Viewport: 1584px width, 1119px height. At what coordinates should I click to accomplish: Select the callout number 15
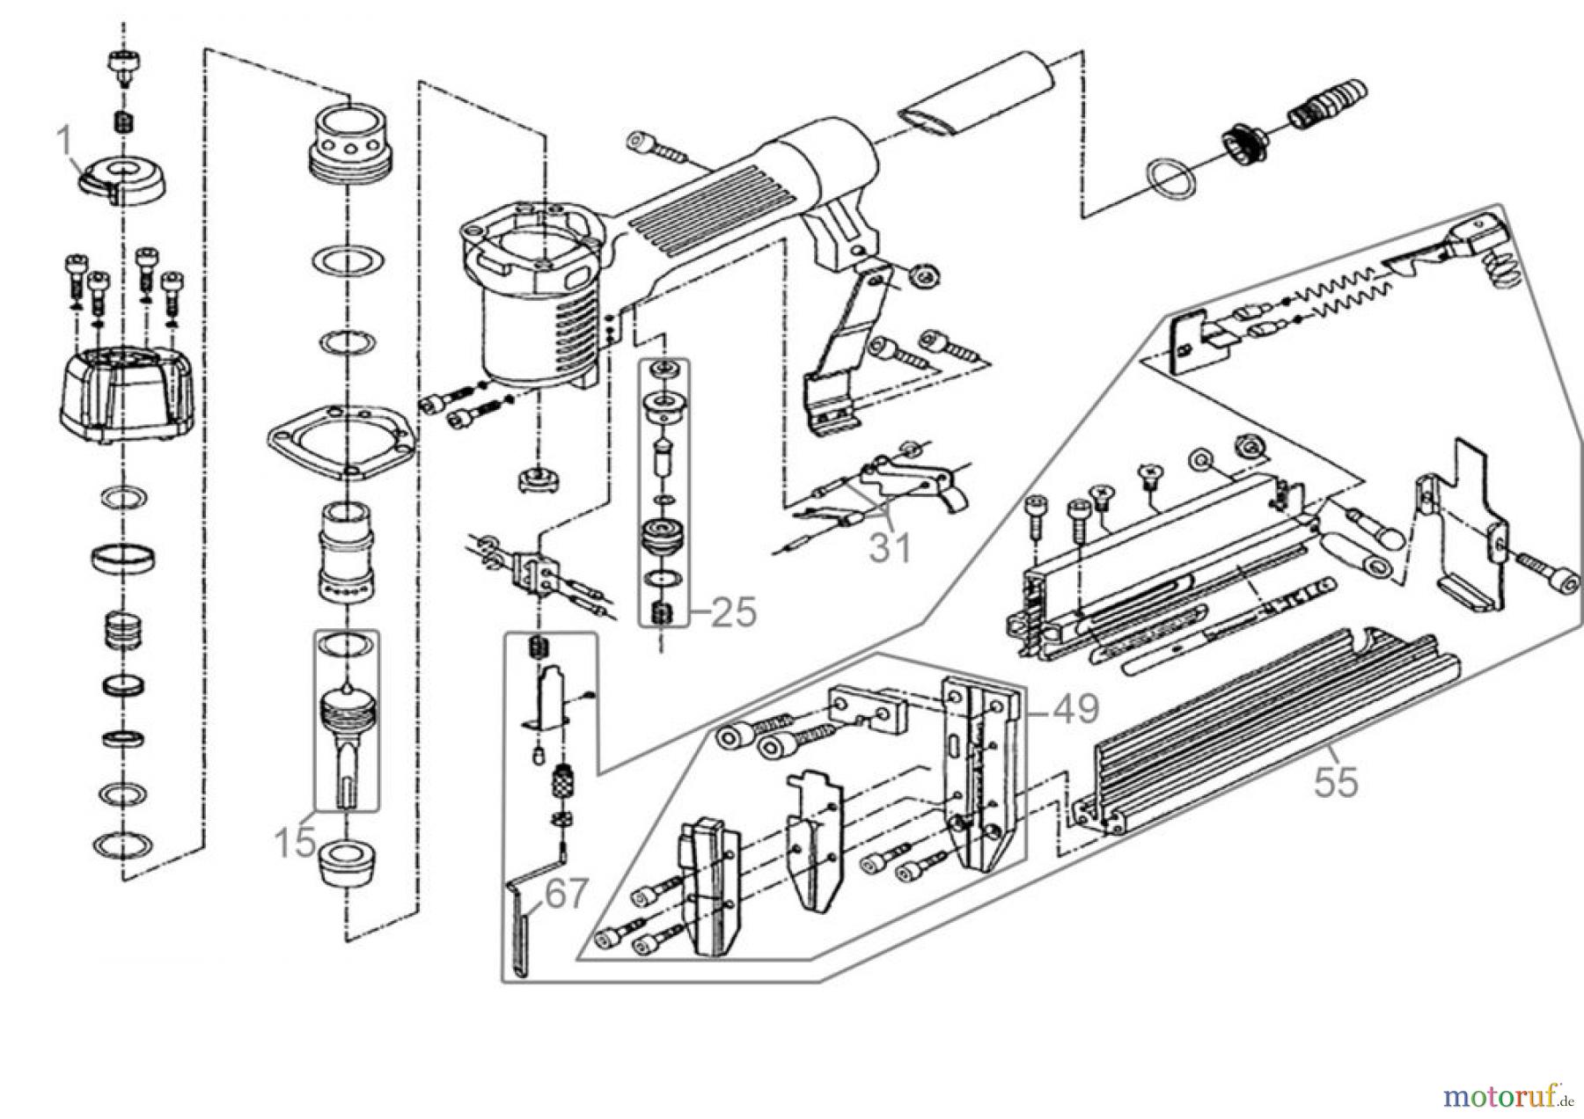pos(295,843)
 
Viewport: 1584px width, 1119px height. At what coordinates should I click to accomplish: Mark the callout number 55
pos(1336,782)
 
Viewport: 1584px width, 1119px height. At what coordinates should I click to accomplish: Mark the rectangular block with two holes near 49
pos(866,709)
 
